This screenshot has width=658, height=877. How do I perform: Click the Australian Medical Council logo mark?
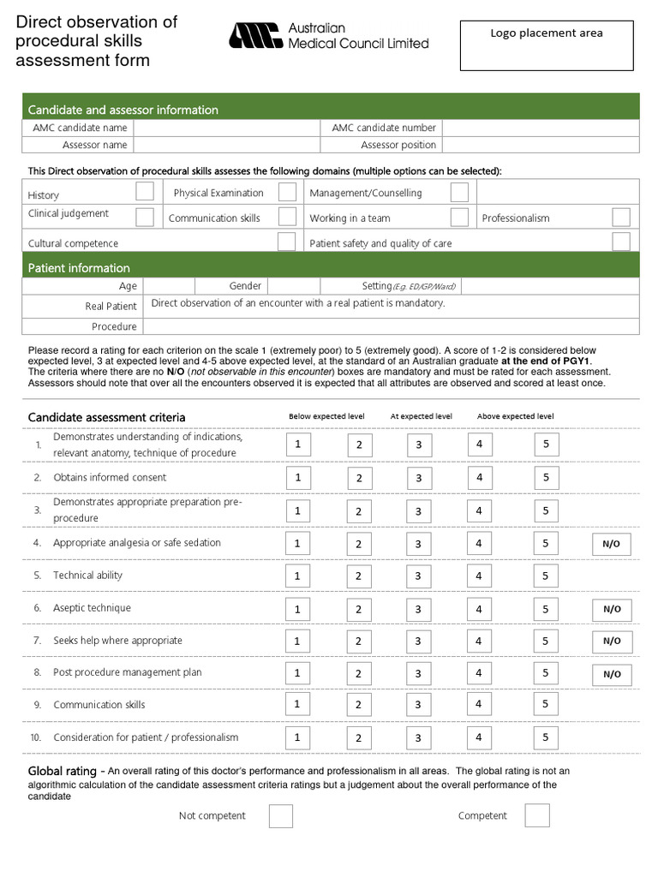(254, 35)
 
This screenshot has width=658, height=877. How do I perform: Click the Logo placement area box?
(547, 45)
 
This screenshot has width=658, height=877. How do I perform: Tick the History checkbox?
(145, 191)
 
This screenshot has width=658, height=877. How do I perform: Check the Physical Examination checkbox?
(287, 192)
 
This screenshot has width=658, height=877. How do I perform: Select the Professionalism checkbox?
(621, 217)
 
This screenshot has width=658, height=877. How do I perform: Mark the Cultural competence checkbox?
(287, 242)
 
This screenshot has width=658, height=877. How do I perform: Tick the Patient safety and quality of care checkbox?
(621, 242)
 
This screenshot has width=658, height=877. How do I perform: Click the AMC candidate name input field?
(227, 128)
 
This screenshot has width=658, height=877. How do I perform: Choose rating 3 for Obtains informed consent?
(418, 478)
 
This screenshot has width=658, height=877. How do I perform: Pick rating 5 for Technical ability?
(546, 576)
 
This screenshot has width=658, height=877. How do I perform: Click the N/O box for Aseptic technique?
(612, 609)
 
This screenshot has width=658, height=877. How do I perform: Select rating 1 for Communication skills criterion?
(297, 704)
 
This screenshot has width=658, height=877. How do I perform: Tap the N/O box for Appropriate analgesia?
(612, 544)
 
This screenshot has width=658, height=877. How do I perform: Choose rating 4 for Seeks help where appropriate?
(480, 641)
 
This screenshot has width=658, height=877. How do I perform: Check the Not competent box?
(281, 816)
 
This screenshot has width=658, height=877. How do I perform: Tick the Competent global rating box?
(537, 815)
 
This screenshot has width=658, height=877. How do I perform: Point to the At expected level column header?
(421, 416)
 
